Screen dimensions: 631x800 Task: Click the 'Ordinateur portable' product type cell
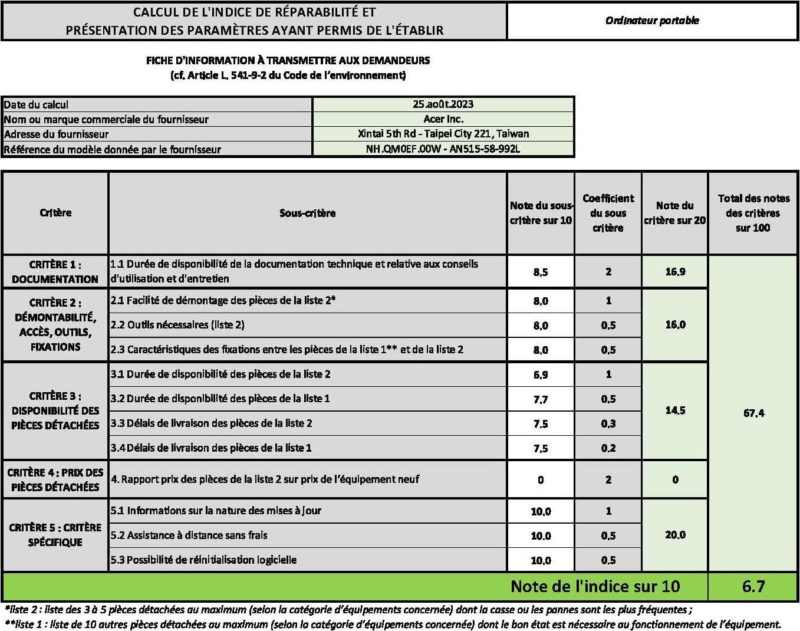(652, 21)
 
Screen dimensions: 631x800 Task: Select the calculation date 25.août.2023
(443, 104)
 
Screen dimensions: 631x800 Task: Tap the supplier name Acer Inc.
(443, 119)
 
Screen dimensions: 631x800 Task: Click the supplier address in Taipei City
(443, 134)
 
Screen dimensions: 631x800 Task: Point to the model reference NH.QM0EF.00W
(443, 149)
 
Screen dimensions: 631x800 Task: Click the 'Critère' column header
(55, 213)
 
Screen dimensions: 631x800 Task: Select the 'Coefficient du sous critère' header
(608, 213)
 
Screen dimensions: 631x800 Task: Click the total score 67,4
(753, 413)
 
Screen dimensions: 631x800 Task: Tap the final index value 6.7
(753, 586)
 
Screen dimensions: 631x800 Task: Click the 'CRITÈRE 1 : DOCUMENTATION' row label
(55, 272)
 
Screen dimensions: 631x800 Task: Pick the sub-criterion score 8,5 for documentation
(541, 272)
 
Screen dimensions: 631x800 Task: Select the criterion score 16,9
(675, 272)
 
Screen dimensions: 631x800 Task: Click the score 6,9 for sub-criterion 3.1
(541, 374)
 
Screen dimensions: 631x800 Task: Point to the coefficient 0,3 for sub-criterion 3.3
(608, 423)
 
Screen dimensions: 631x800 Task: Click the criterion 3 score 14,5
(675, 410)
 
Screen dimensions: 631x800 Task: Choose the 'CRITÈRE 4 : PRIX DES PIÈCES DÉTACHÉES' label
(55, 479)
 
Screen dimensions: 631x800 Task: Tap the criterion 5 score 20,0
(675, 535)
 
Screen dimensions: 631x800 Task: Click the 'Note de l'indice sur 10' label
(595, 586)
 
